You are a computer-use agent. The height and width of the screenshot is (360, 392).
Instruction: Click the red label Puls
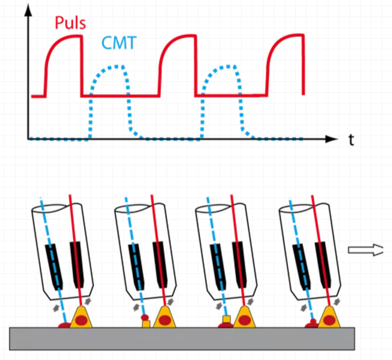(x=70, y=23)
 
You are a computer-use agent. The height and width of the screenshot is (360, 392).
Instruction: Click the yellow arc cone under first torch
(x=82, y=317)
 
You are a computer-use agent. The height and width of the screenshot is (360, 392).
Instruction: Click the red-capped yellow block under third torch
(x=227, y=321)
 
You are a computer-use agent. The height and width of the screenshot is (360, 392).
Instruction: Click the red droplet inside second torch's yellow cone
(x=166, y=319)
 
